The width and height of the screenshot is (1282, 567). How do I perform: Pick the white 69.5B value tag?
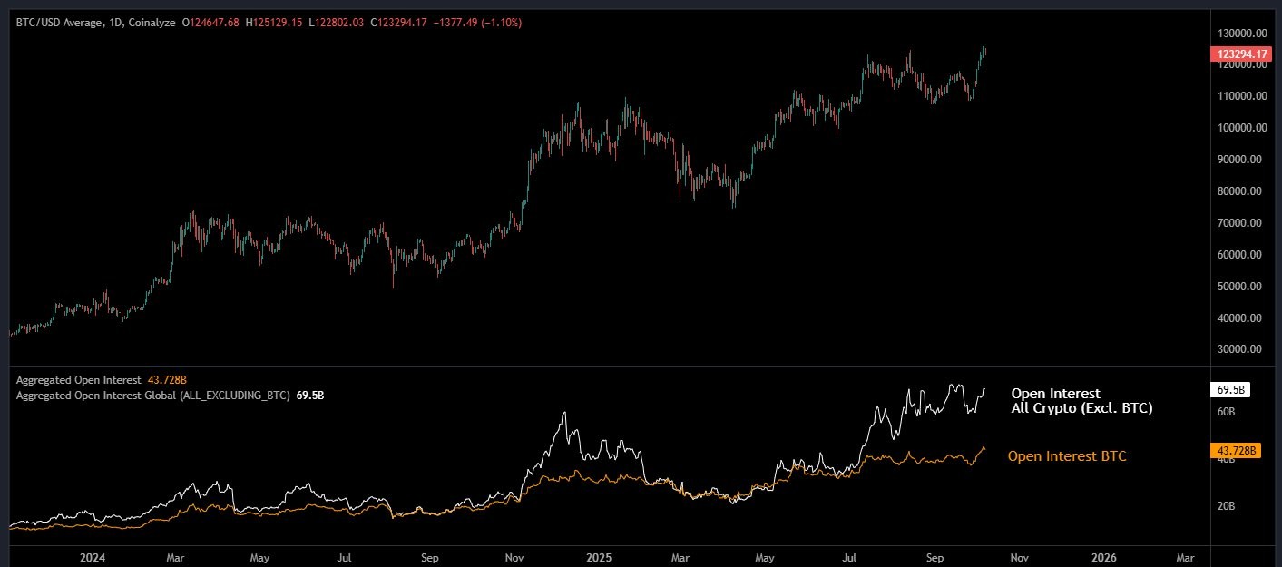pyautogui.click(x=1230, y=389)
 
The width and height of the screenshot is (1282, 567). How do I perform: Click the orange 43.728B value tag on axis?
pyautogui.click(x=1235, y=450)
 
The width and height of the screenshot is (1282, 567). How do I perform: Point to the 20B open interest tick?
pyautogui.click(x=1226, y=506)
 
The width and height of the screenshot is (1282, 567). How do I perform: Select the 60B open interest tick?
pyautogui.click(x=1226, y=412)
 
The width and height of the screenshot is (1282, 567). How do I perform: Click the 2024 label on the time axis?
pyautogui.click(x=93, y=556)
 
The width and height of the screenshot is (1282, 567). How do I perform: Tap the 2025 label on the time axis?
pyautogui.click(x=600, y=556)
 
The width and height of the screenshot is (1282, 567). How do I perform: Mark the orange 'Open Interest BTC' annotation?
pyautogui.click(x=1067, y=456)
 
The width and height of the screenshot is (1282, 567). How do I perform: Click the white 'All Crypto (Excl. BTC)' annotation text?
pyautogui.click(x=1081, y=409)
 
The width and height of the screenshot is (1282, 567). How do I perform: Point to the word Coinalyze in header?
pyautogui.click(x=152, y=21)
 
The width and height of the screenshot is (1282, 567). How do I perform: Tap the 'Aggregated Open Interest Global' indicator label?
pyautogui.click(x=153, y=396)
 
